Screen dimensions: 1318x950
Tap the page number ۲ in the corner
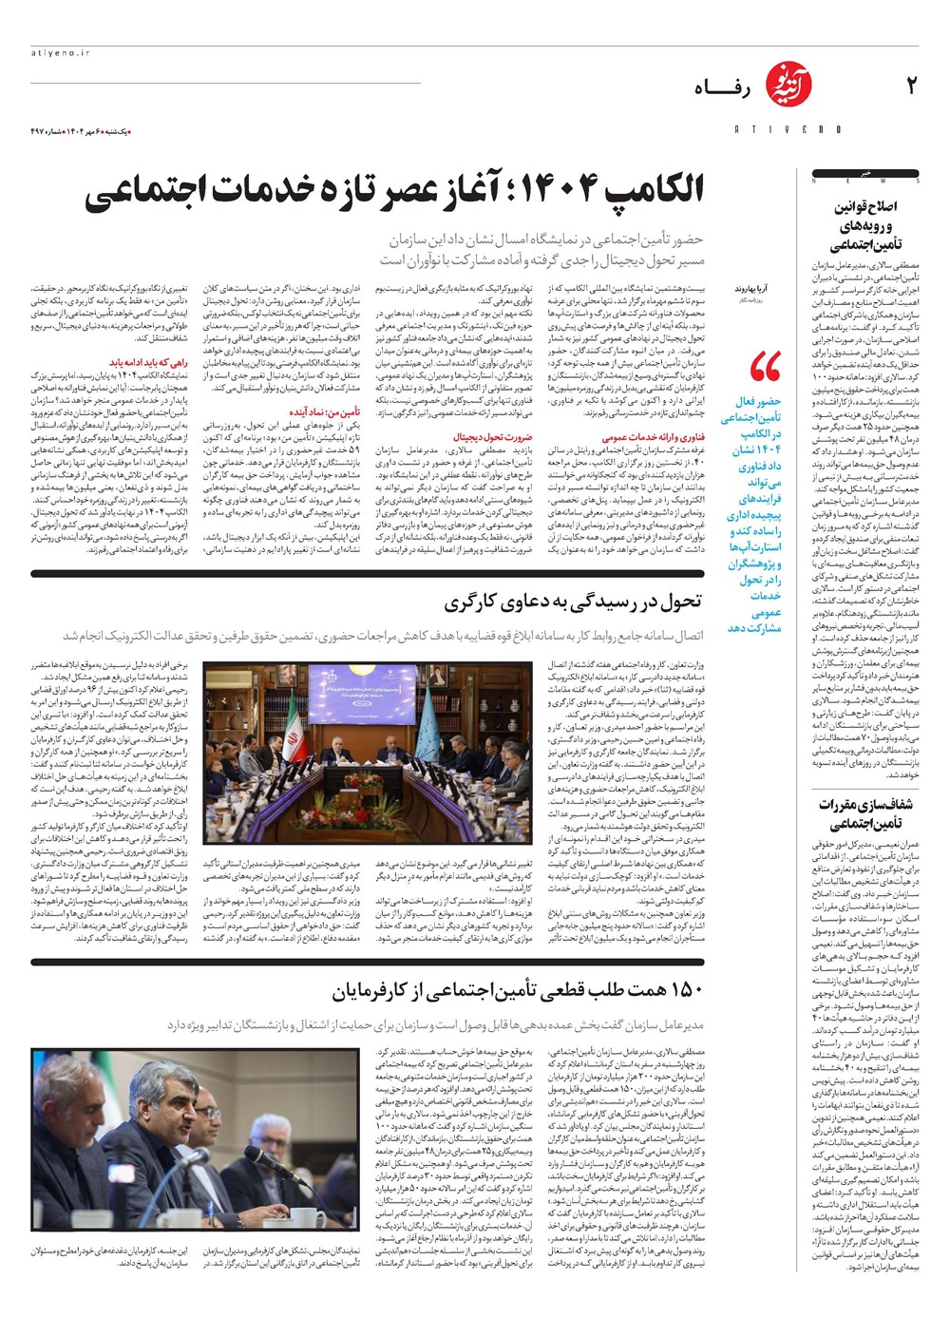pyautogui.click(x=911, y=86)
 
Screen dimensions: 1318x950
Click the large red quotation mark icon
pyautogui.click(x=765, y=366)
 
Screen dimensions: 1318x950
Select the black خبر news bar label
pyautogui.click(x=865, y=175)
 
